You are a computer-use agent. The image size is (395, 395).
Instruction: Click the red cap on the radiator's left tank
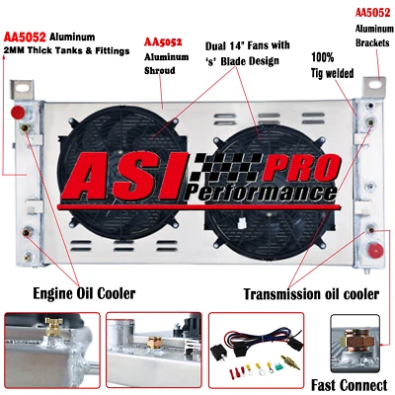[x=18, y=128]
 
